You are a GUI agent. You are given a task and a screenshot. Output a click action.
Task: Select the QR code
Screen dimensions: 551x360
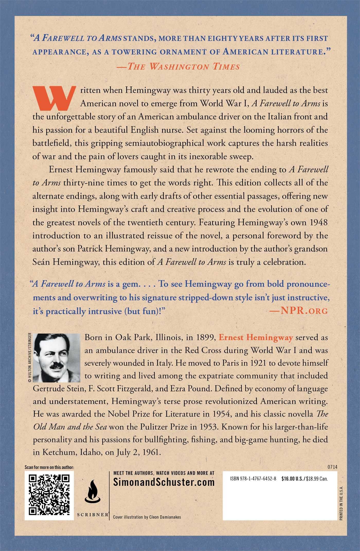(49, 495)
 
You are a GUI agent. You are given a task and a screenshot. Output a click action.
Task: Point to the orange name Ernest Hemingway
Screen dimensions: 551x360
(256, 337)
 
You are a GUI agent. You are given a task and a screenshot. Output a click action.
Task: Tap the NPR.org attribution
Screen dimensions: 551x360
(298, 311)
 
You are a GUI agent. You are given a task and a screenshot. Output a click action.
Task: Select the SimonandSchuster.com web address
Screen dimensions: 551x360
(164, 482)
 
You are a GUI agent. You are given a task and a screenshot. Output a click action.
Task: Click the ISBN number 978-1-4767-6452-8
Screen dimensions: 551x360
(253, 479)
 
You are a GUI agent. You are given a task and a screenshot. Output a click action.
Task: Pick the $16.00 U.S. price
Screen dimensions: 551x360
(293, 479)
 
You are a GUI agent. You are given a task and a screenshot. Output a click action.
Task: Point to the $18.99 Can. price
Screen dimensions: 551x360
(317, 479)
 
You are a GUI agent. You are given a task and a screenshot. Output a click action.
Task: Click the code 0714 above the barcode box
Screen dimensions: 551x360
(332, 467)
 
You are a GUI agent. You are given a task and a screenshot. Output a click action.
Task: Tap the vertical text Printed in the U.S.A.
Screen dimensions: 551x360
(341, 503)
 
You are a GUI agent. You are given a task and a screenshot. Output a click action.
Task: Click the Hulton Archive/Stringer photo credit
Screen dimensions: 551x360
(30, 358)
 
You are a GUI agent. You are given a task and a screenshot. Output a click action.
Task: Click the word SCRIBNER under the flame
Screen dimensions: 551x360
(93, 514)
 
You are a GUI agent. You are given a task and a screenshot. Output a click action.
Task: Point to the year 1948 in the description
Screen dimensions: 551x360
(319, 222)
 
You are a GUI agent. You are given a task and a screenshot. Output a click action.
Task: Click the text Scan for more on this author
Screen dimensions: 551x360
(49, 467)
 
